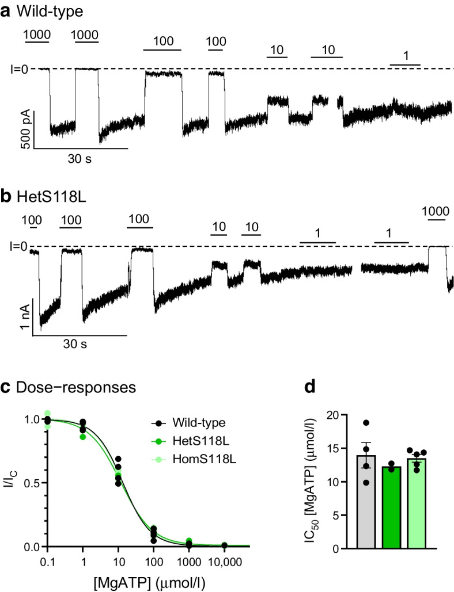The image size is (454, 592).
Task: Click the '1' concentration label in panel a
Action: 405,56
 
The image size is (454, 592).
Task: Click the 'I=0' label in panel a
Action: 15,70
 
